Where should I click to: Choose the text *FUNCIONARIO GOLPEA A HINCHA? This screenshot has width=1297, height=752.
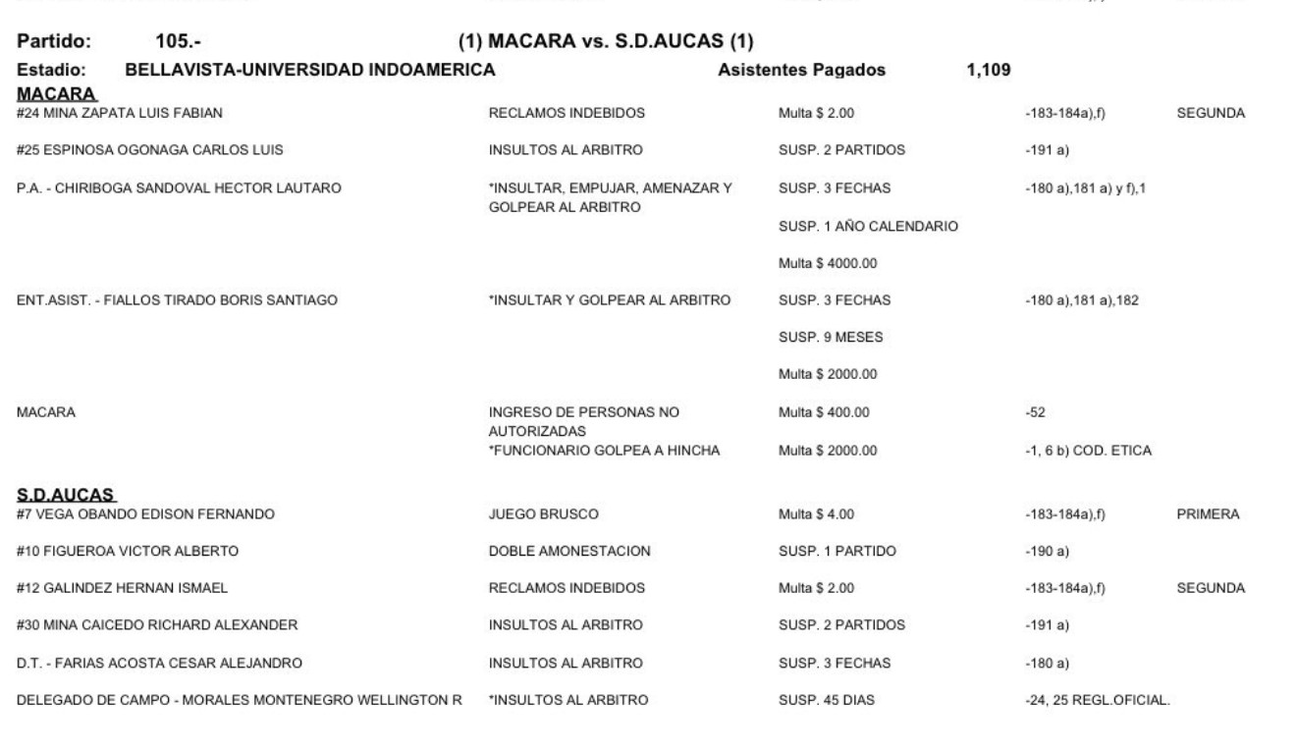coord(605,451)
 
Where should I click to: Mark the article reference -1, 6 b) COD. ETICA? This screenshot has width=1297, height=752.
coord(1087,451)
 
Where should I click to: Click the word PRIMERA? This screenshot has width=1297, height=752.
coord(1207,513)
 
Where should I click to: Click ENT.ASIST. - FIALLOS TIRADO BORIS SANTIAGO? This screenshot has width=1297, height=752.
coord(178,300)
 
